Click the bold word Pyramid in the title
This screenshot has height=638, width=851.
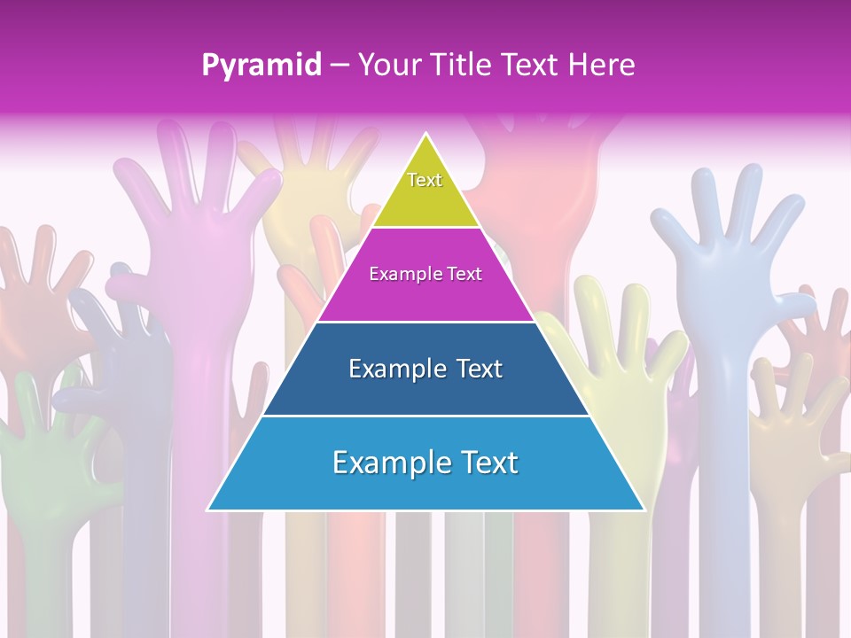coord(262,66)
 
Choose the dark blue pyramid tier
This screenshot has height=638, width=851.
coord(425,390)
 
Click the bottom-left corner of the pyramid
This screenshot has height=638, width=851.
coord(209,510)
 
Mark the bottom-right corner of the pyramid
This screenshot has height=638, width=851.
coord(644,510)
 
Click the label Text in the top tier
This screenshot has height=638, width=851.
coord(425,180)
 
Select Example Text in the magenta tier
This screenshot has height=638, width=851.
coord(425,274)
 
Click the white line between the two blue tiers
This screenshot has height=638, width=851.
coord(425,416)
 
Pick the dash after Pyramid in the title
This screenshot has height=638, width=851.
coord(340,66)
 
